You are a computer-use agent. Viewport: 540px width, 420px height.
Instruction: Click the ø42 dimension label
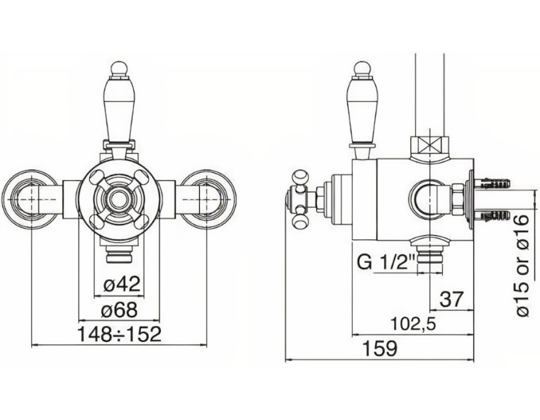122,285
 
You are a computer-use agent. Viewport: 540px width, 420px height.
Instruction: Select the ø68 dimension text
119,310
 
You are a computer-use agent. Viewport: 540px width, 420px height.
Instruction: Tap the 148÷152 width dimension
119,334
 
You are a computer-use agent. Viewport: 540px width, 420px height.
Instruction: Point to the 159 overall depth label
381,348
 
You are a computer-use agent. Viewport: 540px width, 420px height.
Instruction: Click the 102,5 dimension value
413,324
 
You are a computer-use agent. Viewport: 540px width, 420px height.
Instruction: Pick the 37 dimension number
452,299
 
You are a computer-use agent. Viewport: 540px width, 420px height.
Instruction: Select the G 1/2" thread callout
386,263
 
